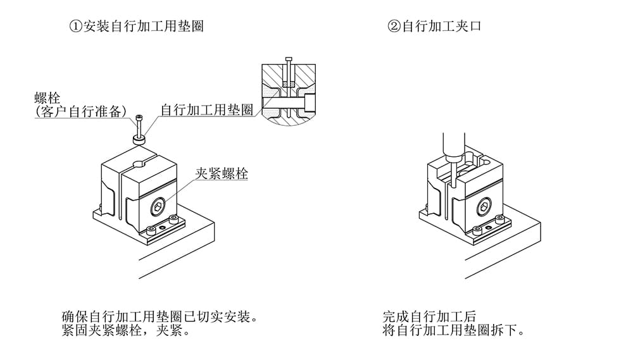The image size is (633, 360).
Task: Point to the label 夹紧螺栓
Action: [221, 174]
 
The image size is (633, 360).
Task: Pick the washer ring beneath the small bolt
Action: [139, 138]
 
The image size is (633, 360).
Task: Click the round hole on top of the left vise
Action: [139, 165]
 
